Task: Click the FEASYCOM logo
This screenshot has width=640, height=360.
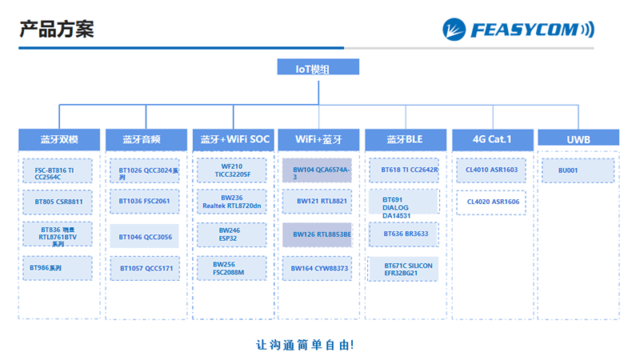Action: click(518, 30)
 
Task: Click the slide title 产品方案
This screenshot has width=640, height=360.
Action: click(57, 30)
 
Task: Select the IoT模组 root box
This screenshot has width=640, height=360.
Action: click(319, 69)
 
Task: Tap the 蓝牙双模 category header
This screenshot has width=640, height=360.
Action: click(59, 139)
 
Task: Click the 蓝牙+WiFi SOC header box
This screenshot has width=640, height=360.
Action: click(233, 139)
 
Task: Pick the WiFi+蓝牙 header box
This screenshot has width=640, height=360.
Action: click(318, 139)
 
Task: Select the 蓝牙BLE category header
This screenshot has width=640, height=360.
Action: click(405, 139)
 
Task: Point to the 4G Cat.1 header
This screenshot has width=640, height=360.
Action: click(492, 139)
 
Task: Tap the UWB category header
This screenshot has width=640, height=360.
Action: click(578, 139)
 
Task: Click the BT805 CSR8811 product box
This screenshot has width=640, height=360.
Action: click(58, 202)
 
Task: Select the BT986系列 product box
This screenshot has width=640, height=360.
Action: click(58, 267)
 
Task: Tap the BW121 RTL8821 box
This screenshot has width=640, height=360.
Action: click(317, 202)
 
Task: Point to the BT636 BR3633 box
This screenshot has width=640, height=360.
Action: click(404, 234)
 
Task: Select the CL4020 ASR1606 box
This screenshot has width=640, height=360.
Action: click(491, 202)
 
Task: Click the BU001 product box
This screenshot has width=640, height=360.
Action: click(578, 170)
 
